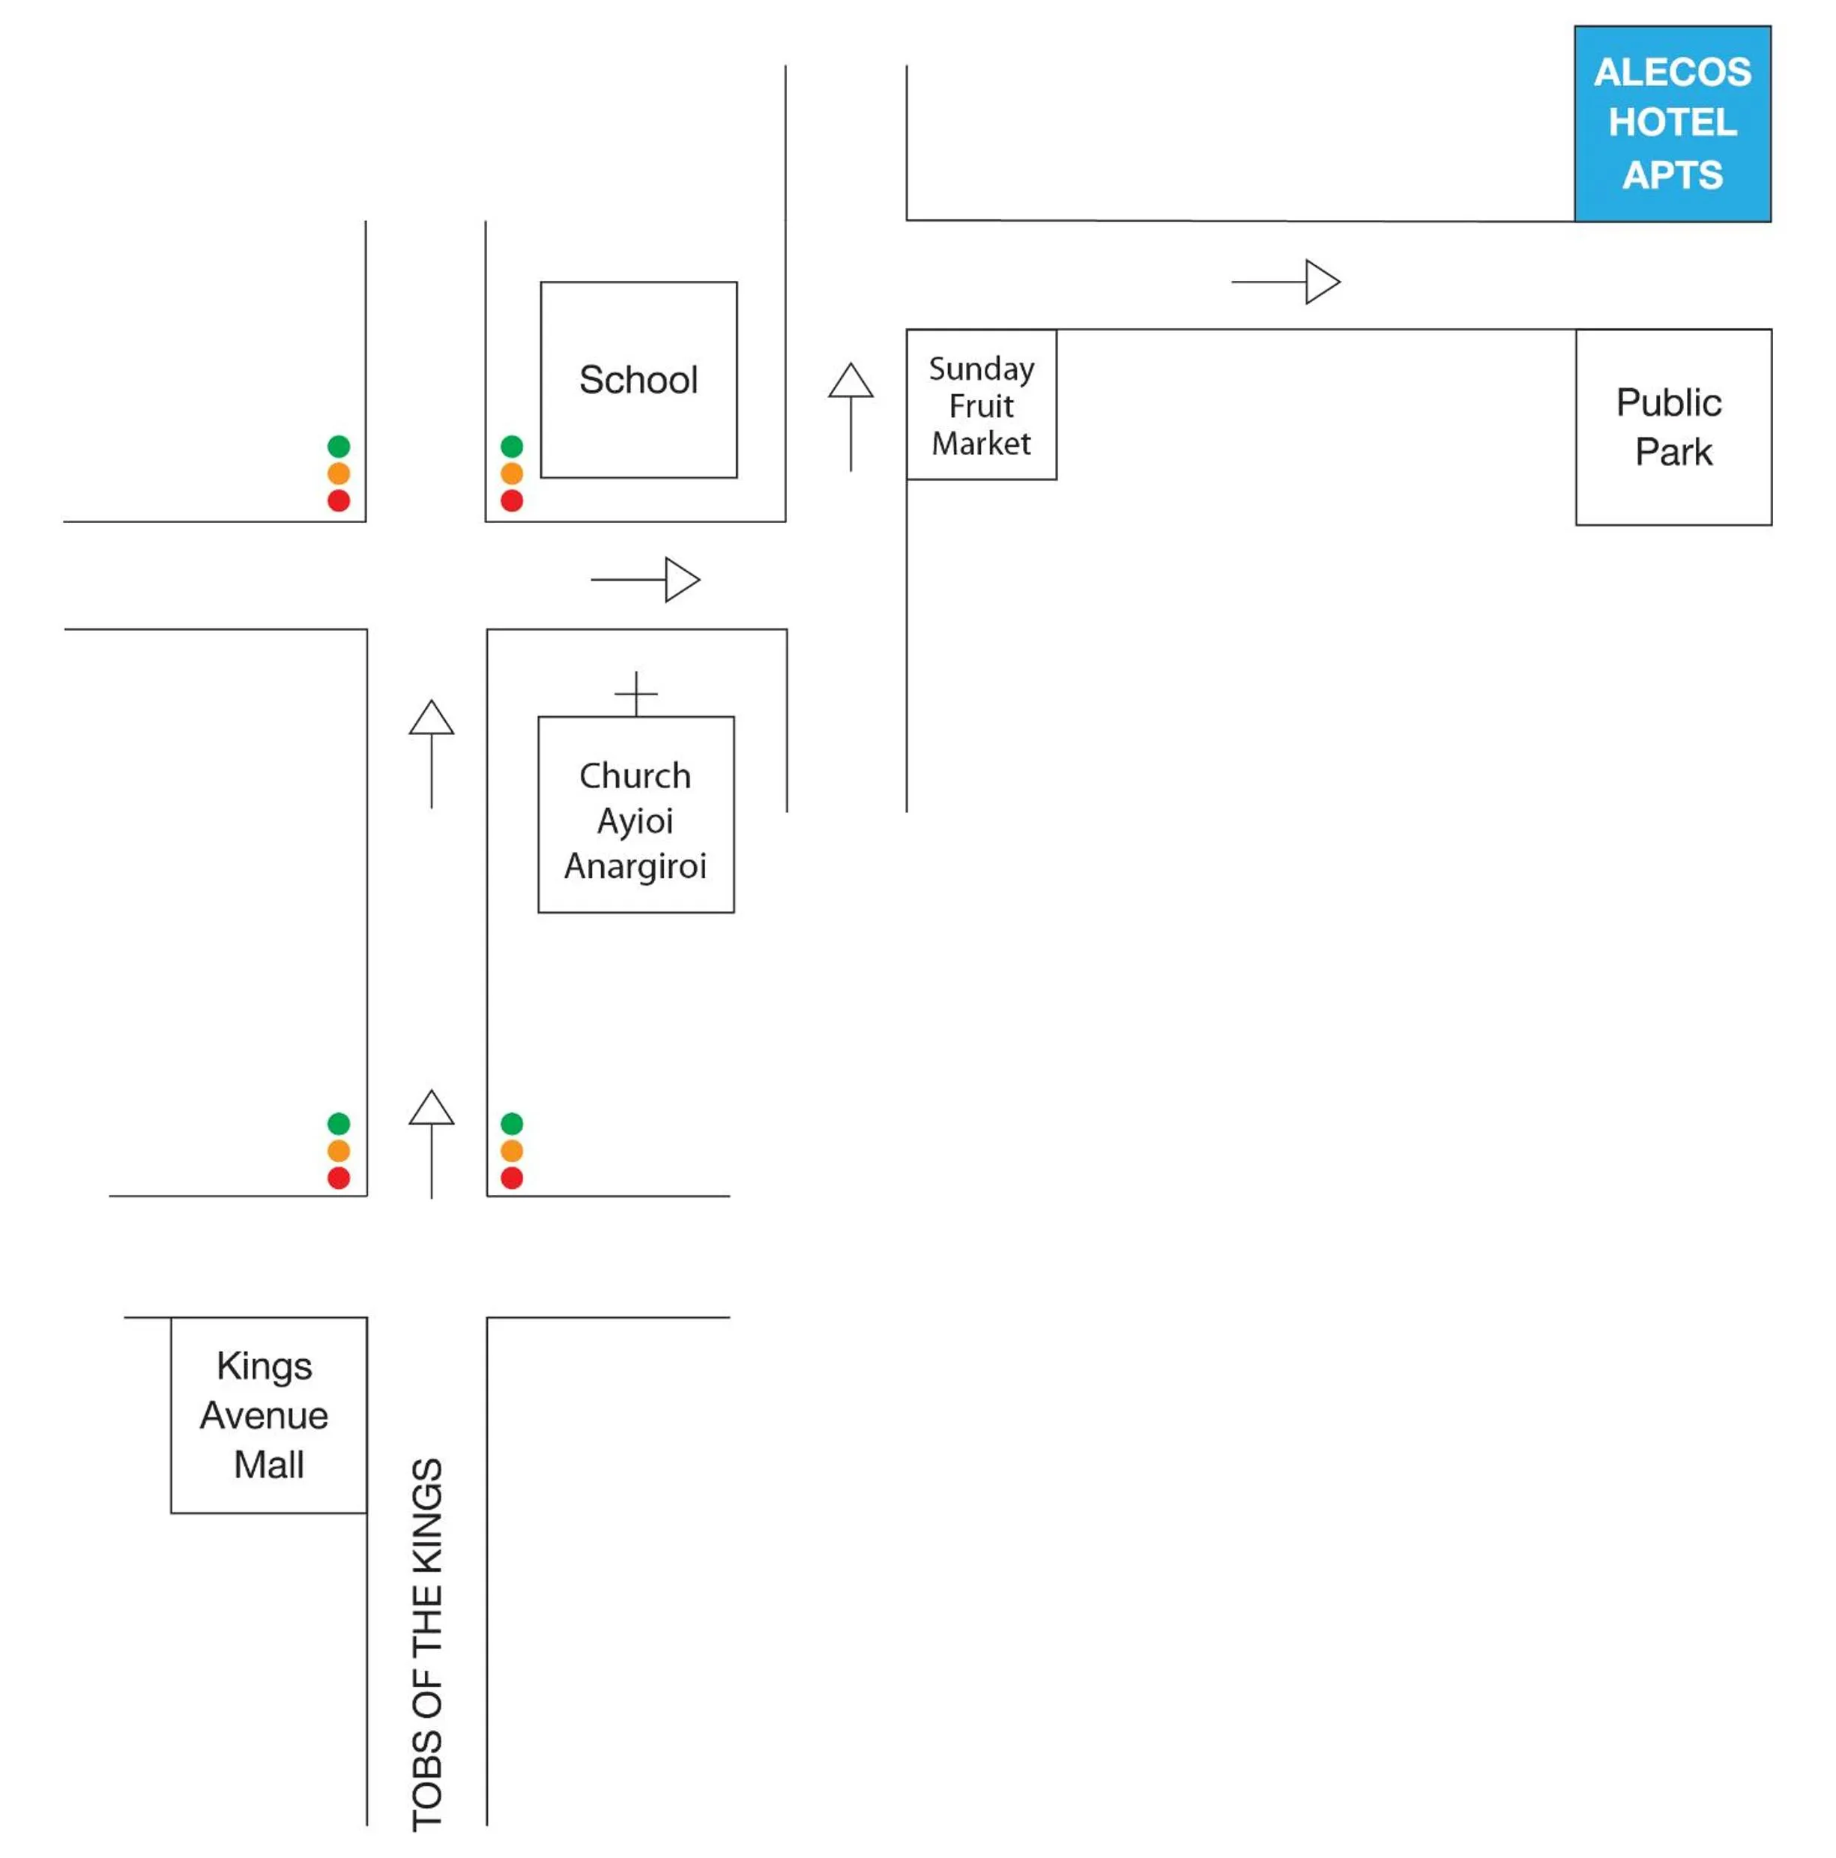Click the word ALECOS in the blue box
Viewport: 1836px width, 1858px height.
[x=1672, y=72]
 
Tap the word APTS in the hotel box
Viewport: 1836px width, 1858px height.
[x=1672, y=175]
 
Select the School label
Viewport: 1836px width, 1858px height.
[x=638, y=380]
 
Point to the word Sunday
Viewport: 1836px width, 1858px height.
[x=981, y=369]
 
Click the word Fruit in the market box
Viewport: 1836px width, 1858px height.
[x=981, y=406]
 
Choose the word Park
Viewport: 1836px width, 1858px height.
[x=1673, y=452]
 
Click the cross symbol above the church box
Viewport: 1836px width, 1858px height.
[x=635, y=692]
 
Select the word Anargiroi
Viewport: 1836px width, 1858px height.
[x=635, y=865]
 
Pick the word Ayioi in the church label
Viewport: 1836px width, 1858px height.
[x=635, y=820]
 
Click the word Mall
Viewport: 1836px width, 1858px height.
[x=268, y=1465]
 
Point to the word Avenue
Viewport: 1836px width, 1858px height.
[x=265, y=1414]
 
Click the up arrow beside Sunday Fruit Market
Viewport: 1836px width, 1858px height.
[x=851, y=416]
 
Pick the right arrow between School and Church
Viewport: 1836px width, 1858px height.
[x=644, y=580]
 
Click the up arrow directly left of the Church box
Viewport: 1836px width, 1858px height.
[x=431, y=753]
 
